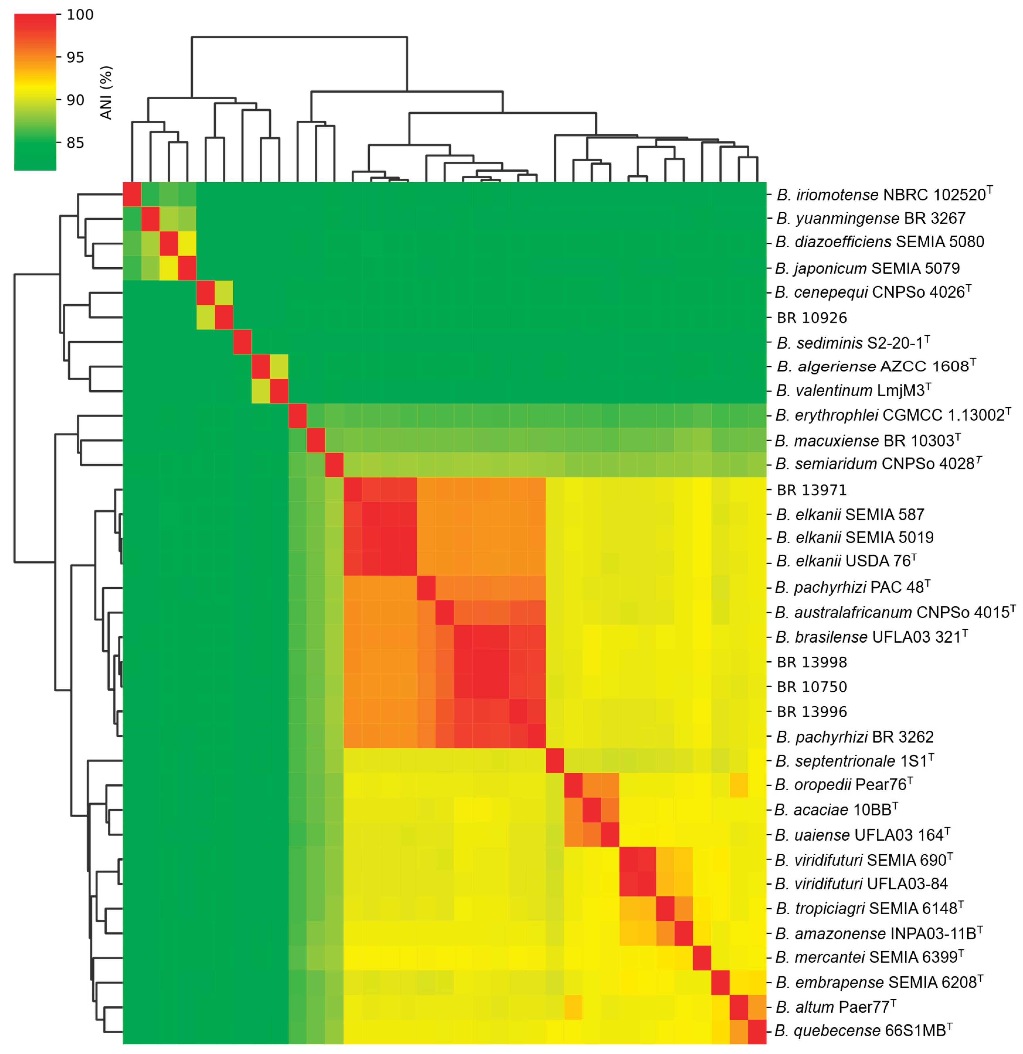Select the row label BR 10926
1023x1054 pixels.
[x=812, y=318]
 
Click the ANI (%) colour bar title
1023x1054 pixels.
[x=106, y=93]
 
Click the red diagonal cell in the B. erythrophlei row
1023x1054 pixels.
[x=297, y=416]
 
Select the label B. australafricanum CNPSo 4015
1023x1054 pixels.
[x=894, y=612]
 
